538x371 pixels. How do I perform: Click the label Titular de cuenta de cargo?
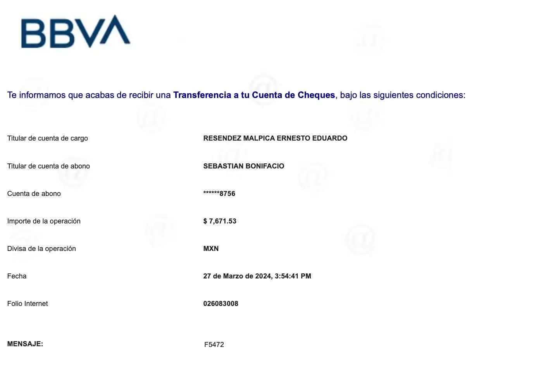pyautogui.click(x=48, y=138)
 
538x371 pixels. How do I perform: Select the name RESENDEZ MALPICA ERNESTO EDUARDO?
pyautogui.click(x=275, y=138)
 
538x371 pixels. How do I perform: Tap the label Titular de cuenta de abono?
pyautogui.click(x=48, y=166)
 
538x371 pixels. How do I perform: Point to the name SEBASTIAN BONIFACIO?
pyautogui.click(x=244, y=166)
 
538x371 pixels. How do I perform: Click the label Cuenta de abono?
pyautogui.click(x=34, y=194)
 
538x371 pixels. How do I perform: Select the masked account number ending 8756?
pyautogui.click(x=219, y=194)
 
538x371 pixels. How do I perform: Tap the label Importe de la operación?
pyautogui.click(x=44, y=221)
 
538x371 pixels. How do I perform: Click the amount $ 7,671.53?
pyautogui.click(x=220, y=221)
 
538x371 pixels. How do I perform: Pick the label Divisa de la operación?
pyautogui.click(x=41, y=249)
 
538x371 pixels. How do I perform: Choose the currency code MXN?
pyautogui.click(x=211, y=249)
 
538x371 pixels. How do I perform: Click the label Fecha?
pyautogui.click(x=17, y=276)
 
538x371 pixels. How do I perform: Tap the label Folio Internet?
pyautogui.click(x=28, y=304)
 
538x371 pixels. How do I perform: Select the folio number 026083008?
pyautogui.click(x=221, y=304)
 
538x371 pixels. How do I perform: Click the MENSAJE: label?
pyautogui.click(x=25, y=344)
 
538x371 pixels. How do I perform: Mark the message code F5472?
pyautogui.click(x=215, y=344)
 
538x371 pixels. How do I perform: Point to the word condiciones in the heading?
pyautogui.click(x=440, y=95)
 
